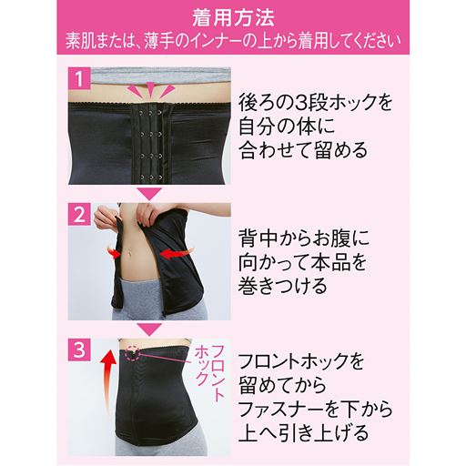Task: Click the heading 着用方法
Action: (x=232, y=16)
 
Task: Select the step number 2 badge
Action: (x=78, y=217)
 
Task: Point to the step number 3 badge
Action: (x=78, y=347)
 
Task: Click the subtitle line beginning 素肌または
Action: (x=232, y=41)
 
